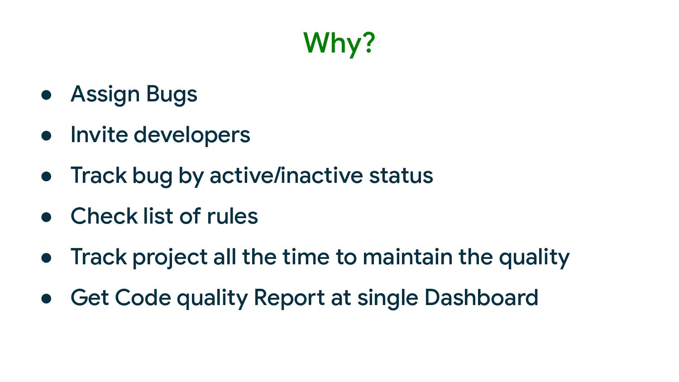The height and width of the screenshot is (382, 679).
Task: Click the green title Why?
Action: pos(339,43)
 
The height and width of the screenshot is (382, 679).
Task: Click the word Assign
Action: pos(105,95)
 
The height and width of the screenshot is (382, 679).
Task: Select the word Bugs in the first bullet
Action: pos(172,95)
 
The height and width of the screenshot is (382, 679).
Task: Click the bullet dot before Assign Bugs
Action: pos(46,95)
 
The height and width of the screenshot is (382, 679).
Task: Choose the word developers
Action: pos(192,135)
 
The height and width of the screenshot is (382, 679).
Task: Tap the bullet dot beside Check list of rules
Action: pos(46,217)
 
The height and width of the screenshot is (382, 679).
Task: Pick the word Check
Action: pos(104,216)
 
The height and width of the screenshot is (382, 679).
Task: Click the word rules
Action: pos(233,216)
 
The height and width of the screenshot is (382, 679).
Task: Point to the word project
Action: pos(170,258)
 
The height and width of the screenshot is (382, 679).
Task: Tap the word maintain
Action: pos(407,257)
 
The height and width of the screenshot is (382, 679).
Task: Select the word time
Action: pos(306,257)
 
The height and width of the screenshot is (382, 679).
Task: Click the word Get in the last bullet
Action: pos(90,297)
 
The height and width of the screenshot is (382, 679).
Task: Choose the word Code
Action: pos(143,297)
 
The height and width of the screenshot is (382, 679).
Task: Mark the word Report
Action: pos(290,298)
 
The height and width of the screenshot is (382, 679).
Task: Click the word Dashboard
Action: pos(481,297)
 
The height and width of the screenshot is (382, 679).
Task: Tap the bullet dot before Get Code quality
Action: pos(46,299)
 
